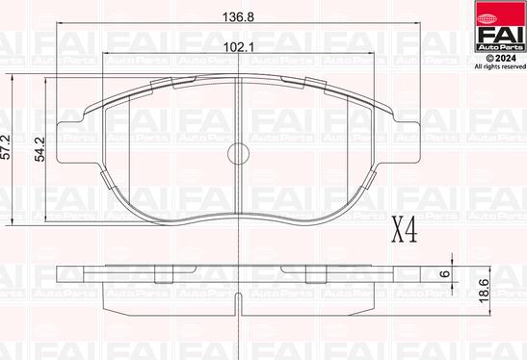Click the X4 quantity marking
[403, 230]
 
